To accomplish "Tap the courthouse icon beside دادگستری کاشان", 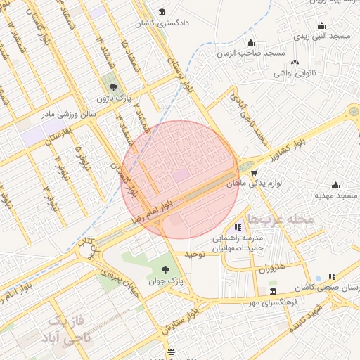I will (x=163, y=12).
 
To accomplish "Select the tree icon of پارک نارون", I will (x=113, y=86).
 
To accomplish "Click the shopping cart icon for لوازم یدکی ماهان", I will (x=253, y=172).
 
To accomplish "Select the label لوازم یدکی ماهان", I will (x=255, y=183).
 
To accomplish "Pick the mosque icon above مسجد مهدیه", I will (x=335, y=186).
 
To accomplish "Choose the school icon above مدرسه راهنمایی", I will (x=238, y=227).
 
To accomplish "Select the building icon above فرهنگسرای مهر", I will (x=273, y=290).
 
